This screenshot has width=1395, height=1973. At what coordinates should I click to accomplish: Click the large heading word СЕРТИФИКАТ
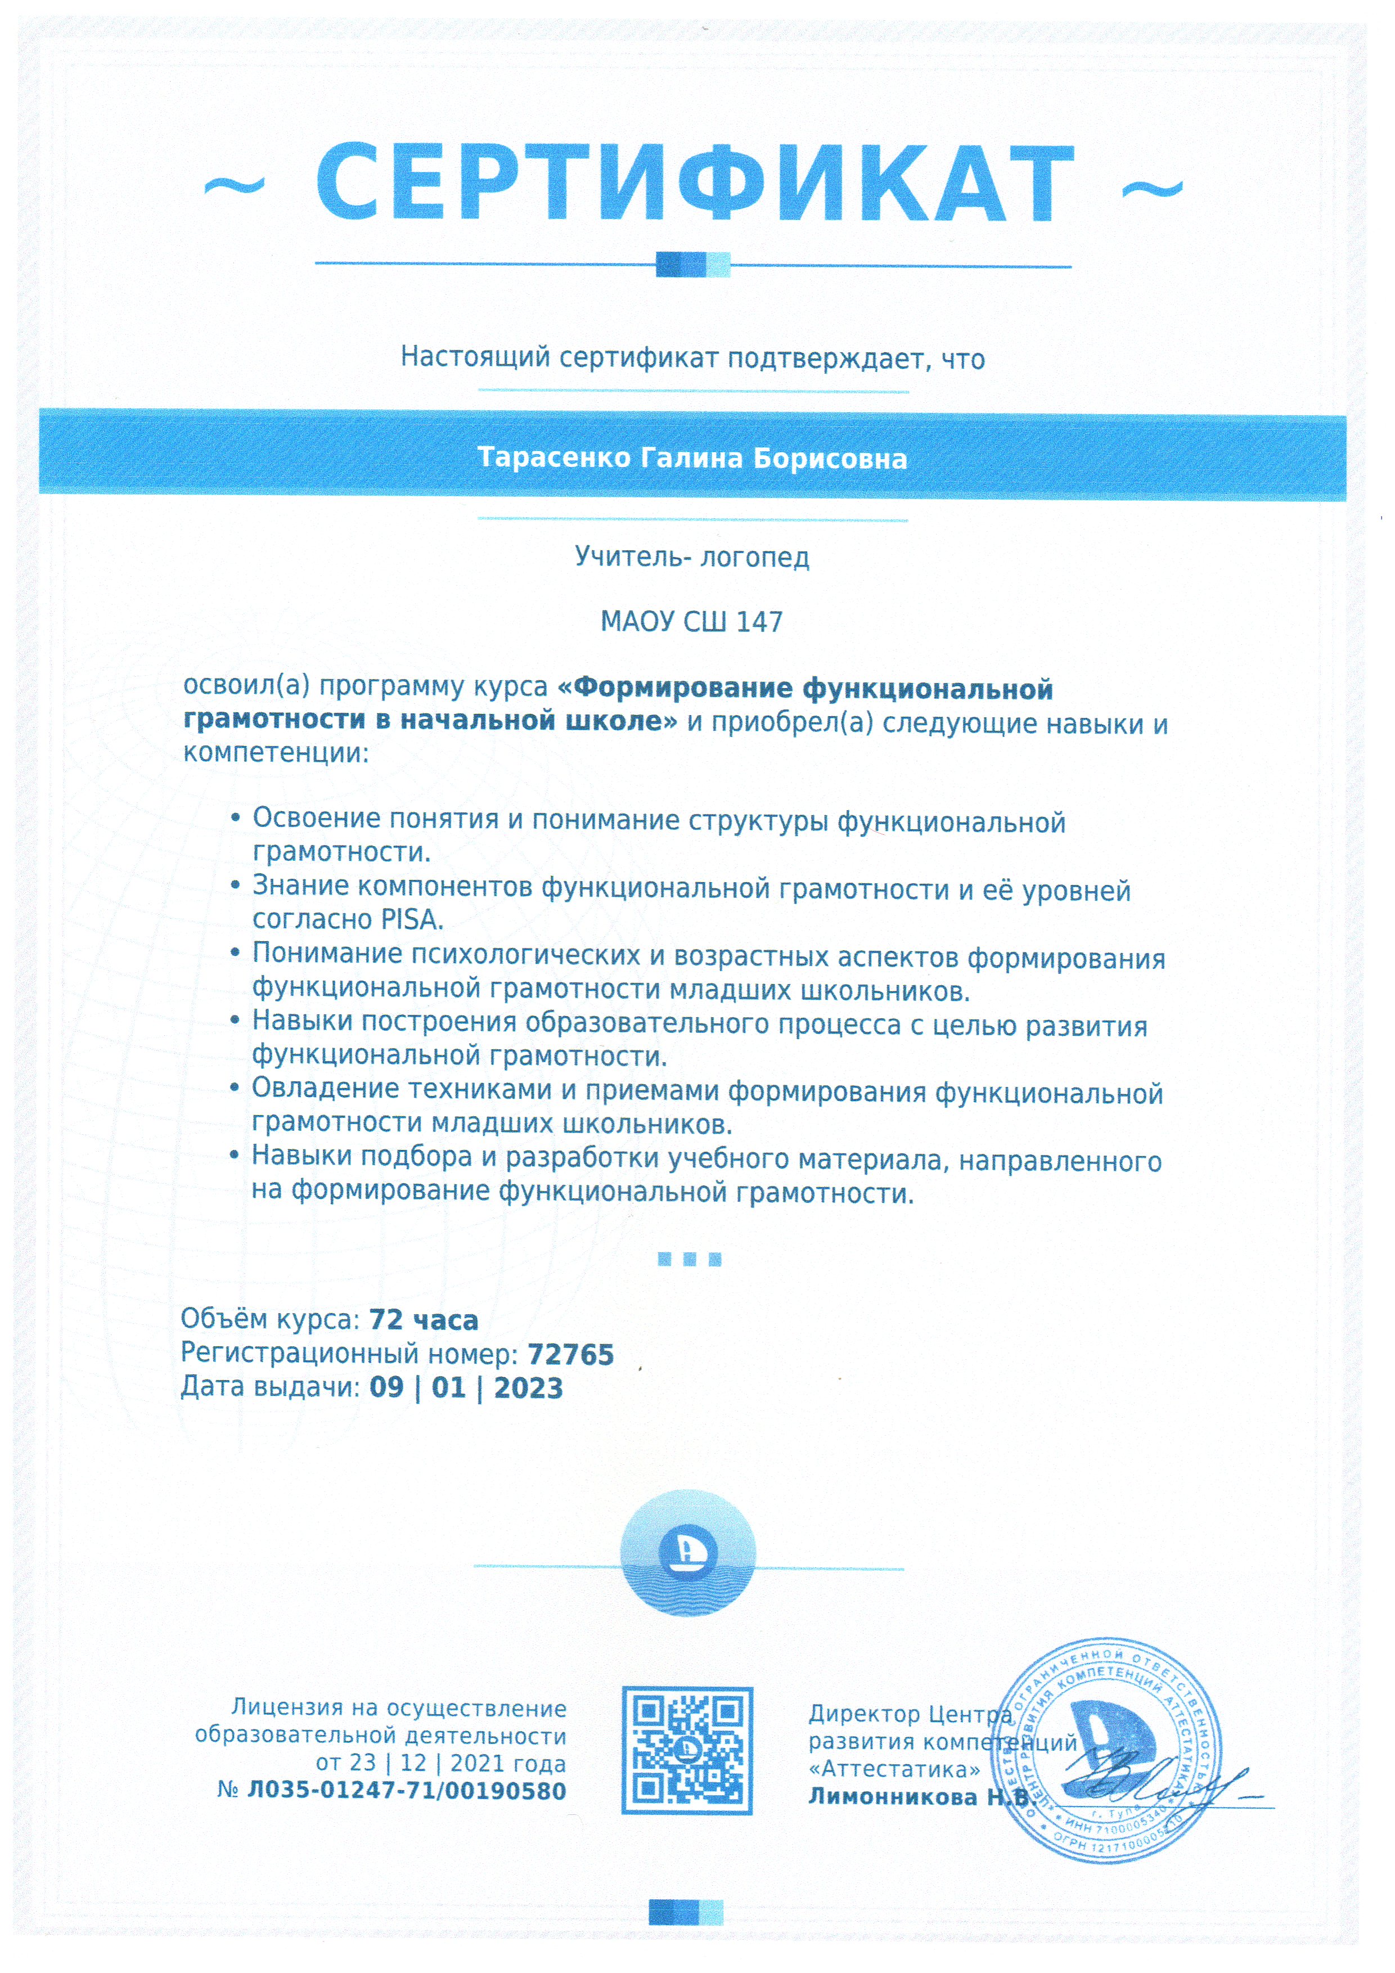[694, 185]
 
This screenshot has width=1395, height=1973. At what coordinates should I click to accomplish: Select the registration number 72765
[570, 1354]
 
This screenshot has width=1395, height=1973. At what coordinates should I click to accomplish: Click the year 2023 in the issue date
[528, 1388]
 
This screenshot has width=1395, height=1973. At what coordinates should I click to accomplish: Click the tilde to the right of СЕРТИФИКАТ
[1153, 189]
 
